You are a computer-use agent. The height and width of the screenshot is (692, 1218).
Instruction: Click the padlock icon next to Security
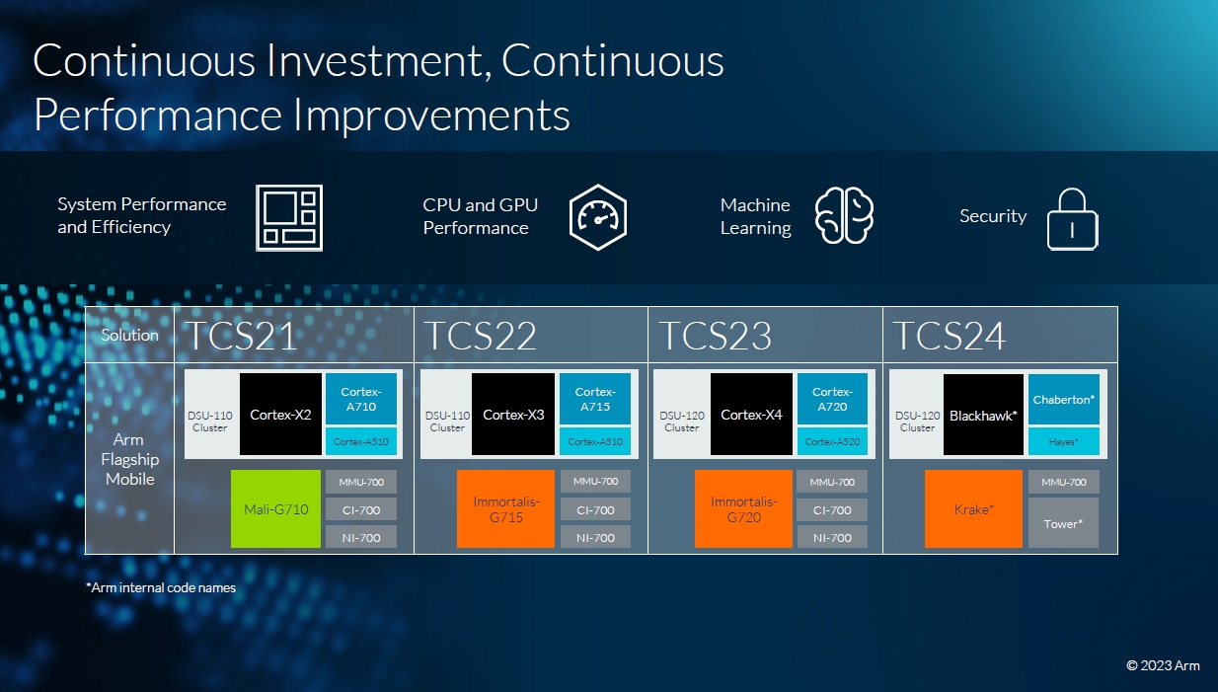1072,219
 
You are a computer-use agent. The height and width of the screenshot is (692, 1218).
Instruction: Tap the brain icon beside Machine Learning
844,215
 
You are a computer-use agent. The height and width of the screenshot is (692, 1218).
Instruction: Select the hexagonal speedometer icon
597,217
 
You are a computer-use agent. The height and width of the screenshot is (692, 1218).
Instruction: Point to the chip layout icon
289,217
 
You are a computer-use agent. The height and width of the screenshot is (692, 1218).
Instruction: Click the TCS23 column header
765,335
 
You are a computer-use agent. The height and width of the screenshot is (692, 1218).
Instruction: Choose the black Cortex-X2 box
280,414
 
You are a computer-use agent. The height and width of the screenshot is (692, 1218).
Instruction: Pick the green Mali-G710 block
275,508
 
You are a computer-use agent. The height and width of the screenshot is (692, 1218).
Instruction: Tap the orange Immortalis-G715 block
505,508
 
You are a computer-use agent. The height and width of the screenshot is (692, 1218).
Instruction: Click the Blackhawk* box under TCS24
983,415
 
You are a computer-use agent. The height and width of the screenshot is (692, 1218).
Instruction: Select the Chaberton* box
1064,400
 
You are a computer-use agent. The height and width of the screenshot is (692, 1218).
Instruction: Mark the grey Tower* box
1063,523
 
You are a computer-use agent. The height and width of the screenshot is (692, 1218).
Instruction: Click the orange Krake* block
973,508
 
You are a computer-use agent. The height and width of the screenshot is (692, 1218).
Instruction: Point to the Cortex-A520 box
832,441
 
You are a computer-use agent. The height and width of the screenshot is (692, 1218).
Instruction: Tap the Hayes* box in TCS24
1064,441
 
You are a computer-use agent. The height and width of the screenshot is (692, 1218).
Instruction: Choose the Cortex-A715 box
595,399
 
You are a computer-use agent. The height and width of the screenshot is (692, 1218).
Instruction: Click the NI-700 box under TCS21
361,537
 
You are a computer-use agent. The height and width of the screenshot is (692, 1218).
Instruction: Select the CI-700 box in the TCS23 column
832,509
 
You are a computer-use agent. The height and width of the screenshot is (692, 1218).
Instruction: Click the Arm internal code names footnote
161,587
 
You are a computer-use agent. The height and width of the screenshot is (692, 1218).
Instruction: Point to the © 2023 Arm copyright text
1163,665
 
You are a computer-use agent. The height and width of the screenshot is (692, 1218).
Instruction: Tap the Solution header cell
129,335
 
